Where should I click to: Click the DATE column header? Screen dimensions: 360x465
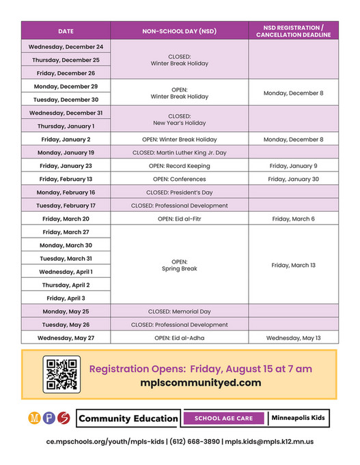click(x=66, y=31)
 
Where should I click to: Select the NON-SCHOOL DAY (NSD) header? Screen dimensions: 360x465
click(x=179, y=31)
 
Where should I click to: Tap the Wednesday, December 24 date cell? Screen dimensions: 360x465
click(x=66, y=46)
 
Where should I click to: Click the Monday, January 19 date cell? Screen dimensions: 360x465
click(x=66, y=152)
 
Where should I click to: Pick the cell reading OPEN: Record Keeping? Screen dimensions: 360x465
click(x=179, y=166)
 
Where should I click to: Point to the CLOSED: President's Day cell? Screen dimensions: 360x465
click(x=179, y=193)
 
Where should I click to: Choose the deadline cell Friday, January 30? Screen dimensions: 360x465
click(x=293, y=179)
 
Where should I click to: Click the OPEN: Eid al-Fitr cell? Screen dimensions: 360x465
click(x=179, y=219)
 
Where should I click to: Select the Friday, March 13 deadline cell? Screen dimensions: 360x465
click(x=293, y=265)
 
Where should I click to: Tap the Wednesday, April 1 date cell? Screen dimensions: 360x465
click(x=66, y=272)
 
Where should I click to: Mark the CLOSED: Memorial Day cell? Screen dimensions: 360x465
click(x=179, y=311)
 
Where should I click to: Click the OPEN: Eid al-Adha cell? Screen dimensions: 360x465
click(x=179, y=337)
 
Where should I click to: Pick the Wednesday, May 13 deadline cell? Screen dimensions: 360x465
click(x=293, y=337)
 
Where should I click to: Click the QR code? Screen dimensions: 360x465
click(x=62, y=374)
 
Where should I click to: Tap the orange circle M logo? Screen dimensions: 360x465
click(x=33, y=417)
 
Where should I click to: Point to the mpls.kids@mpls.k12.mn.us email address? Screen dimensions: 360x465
click(x=270, y=442)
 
